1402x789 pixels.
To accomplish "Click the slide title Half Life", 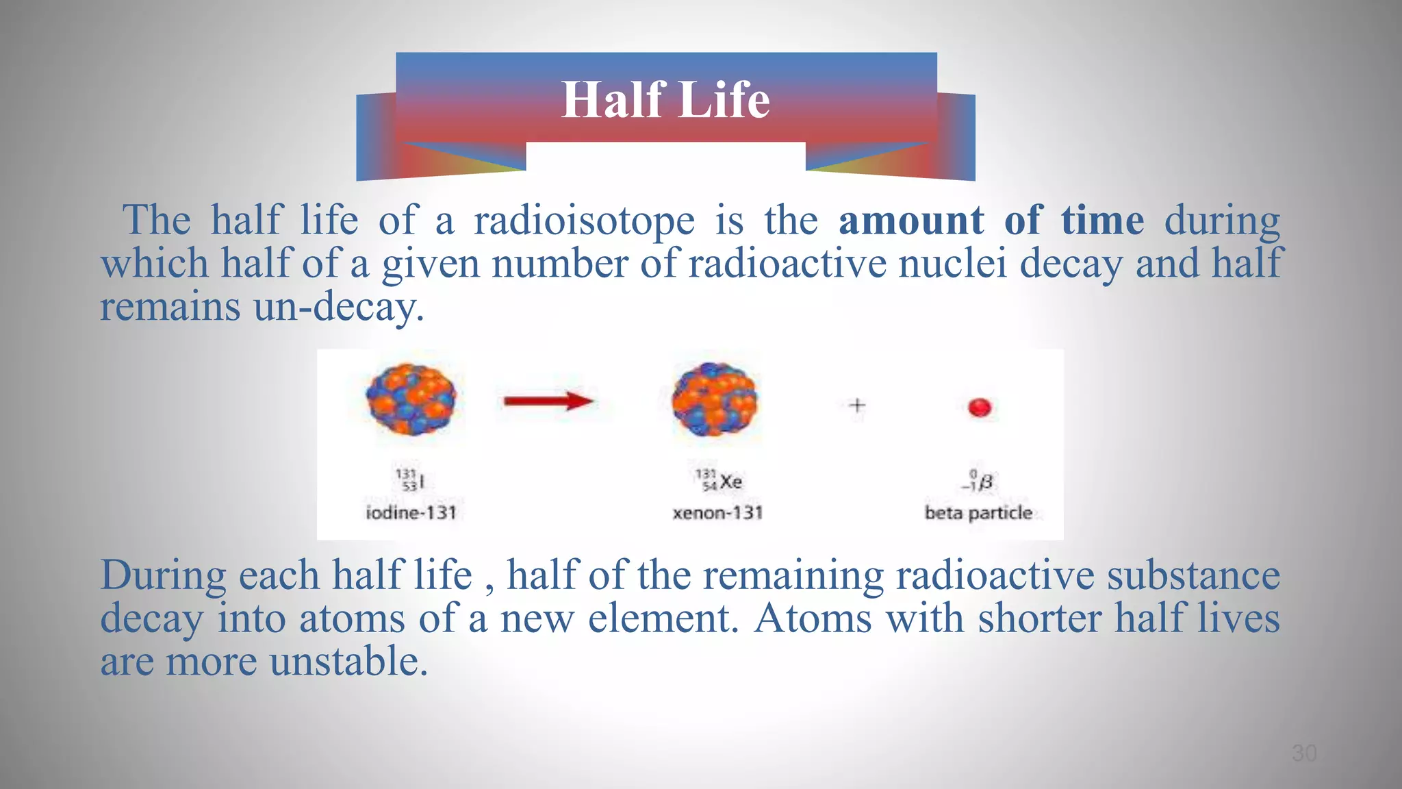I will (665, 100).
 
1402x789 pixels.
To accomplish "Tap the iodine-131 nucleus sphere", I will (411, 399).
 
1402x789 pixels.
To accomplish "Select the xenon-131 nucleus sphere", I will (715, 400).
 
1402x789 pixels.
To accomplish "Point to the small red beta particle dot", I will (980, 408).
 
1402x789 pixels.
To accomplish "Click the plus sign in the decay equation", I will (857, 405).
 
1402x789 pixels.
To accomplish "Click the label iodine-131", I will (411, 512).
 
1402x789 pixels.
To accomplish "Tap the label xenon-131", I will (717, 512).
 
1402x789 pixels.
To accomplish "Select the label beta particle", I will (978, 512).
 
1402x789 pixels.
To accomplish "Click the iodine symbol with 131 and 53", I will (411, 479).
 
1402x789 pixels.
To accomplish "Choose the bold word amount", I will (911, 221).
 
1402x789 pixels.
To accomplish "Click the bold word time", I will (1102, 221).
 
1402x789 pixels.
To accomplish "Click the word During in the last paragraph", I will (163, 575).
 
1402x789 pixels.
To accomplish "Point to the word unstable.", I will (348, 662).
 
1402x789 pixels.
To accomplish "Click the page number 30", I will (1303, 753).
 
